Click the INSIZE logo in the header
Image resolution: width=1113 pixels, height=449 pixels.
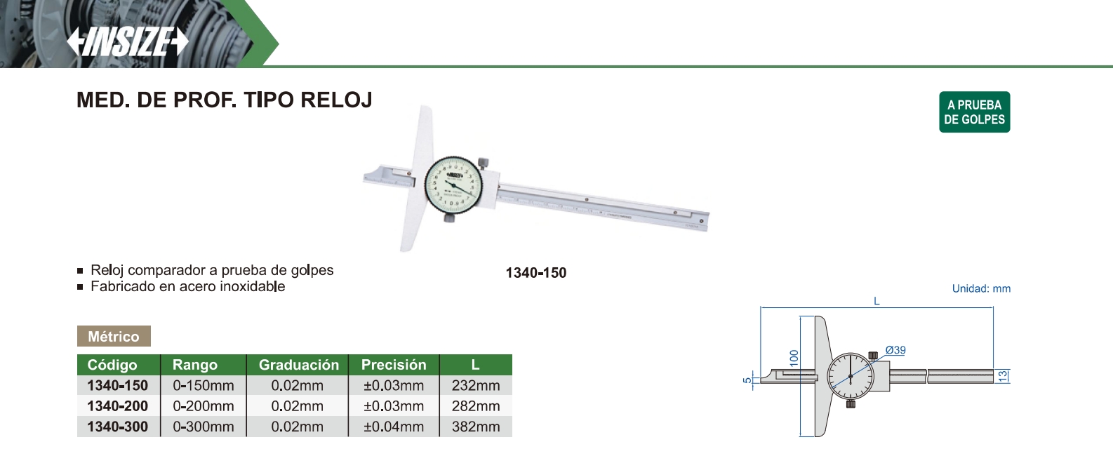pos(128,41)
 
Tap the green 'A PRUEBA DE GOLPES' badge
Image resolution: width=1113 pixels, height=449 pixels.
pos(974,112)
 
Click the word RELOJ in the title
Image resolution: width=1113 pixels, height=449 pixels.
pos(336,100)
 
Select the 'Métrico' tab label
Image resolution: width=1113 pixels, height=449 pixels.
pos(114,336)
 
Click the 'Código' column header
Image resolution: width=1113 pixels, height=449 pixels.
pos(112,365)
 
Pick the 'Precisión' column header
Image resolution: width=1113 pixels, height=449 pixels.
pos(394,365)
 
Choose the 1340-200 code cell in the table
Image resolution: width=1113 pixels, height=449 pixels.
pos(118,406)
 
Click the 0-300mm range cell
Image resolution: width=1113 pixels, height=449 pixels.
pos(204,427)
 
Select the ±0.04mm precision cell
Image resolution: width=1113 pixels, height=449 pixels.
pos(394,427)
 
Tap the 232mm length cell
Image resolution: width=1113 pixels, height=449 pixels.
pos(476,385)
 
